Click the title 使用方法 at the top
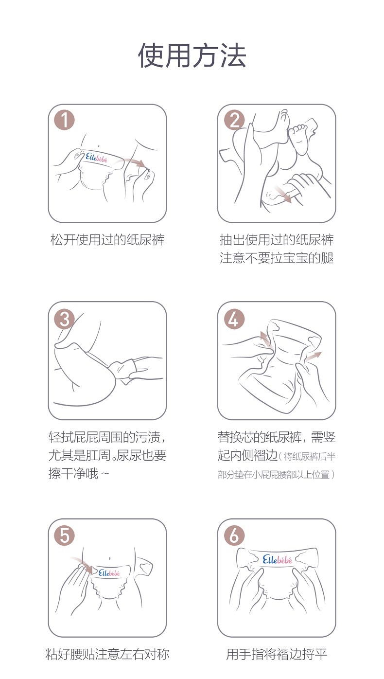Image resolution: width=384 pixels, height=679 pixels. pyautogui.click(x=192, y=55)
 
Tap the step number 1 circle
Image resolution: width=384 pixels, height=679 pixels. pyautogui.click(x=64, y=120)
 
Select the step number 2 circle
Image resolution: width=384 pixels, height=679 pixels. pyautogui.click(x=234, y=120)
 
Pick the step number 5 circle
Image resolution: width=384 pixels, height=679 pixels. pyautogui.click(x=64, y=536)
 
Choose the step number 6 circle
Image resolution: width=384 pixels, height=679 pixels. pyautogui.click(x=234, y=536)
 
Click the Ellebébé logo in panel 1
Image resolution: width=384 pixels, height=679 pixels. pyautogui.click(x=96, y=158)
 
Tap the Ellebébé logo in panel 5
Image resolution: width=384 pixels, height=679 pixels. pyautogui.click(x=109, y=572)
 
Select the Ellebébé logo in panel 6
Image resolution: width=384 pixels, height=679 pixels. pyautogui.click(x=277, y=559)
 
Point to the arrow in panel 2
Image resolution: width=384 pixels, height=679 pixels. pyautogui.click(x=283, y=194)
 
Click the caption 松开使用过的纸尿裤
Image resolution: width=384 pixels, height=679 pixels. pyautogui.click(x=107, y=240)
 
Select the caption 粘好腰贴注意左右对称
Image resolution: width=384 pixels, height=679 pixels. pyautogui.click(x=107, y=654)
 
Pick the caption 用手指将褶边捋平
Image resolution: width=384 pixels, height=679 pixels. pyautogui.click(x=277, y=654)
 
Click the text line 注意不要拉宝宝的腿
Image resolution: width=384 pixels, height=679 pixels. pyautogui.click(x=277, y=258)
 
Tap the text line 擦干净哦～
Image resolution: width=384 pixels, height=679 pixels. pyautogui.click(x=79, y=473)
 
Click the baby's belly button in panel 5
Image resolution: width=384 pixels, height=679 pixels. pyautogui.click(x=109, y=558)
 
